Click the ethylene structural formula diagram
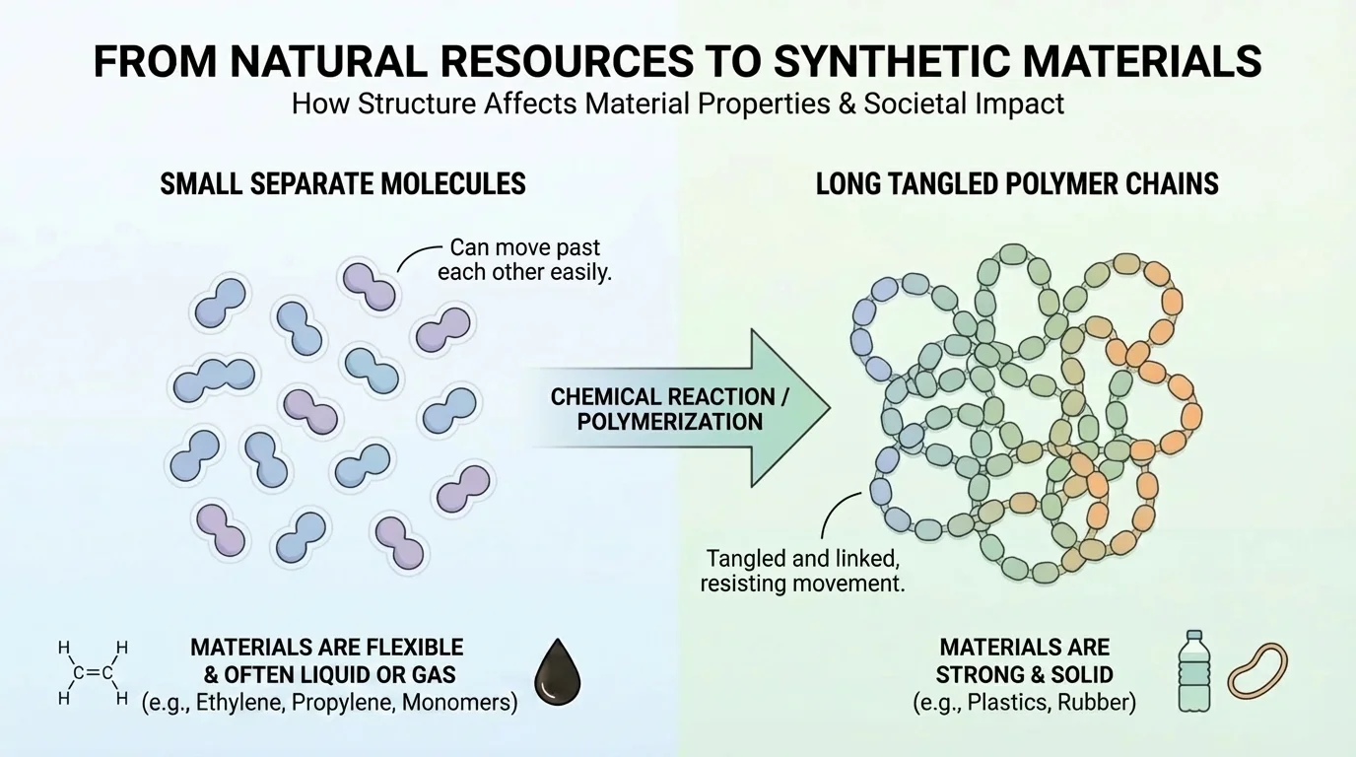94,673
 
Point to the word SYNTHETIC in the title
879,61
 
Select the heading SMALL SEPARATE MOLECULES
343,183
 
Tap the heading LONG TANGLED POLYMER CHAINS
1017,183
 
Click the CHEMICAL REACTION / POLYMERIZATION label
662,409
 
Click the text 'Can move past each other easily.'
524,259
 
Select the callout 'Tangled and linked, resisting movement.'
802,571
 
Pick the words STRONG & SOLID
1024,675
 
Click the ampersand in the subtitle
845,103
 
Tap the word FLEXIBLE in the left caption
403,648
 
